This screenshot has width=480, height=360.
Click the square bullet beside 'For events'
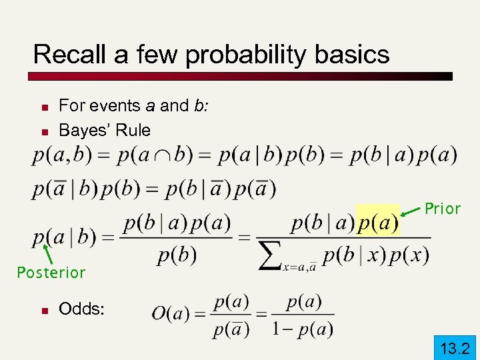[43, 107]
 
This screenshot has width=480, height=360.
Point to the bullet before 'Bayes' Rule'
[43, 131]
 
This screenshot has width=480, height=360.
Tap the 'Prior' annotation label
[443, 209]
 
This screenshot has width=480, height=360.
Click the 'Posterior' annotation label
[51, 273]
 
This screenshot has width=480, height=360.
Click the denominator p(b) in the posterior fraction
[177, 255]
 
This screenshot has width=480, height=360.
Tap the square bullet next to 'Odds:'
[43, 310]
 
